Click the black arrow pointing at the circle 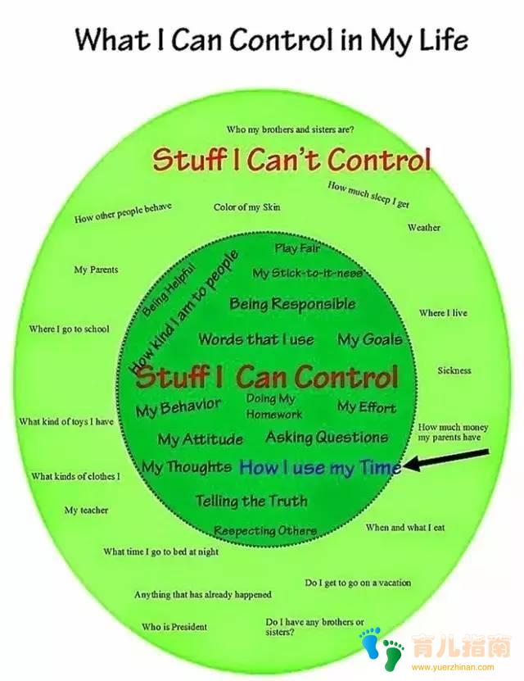click(x=446, y=460)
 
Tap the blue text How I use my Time click(x=321, y=467)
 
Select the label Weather click(x=424, y=227)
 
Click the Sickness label click(x=454, y=370)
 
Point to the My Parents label click(x=96, y=270)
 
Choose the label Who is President click(x=174, y=627)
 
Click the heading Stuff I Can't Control click(x=292, y=160)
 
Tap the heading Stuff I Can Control click(x=268, y=376)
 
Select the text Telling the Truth click(x=251, y=501)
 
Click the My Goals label click(x=370, y=339)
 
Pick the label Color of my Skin click(x=246, y=207)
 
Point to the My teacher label click(x=86, y=510)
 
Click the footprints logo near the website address click(x=381, y=648)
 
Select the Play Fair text click(x=297, y=248)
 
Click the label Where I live click(x=443, y=313)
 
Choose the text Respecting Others click(x=265, y=531)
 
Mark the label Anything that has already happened click(x=202, y=595)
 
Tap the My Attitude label click(x=200, y=439)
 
